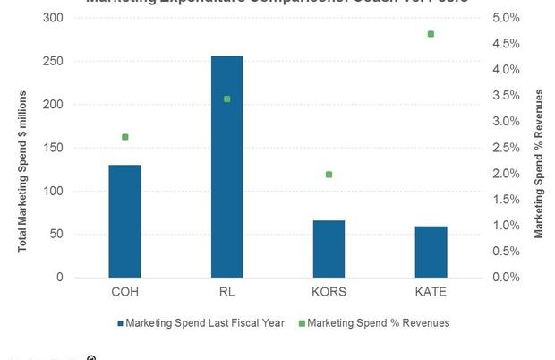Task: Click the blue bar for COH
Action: tap(124, 221)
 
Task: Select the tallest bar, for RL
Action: tap(226, 167)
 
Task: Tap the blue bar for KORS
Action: tap(329, 249)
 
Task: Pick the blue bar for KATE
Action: tap(431, 252)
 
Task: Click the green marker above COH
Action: tap(124, 137)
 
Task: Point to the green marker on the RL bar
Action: tap(226, 99)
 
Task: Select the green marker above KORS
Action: tap(329, 175)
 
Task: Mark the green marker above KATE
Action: tap(431, 34)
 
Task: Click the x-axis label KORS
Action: tap(329, 292)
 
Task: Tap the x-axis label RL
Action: tap(226, 292)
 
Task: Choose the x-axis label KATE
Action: tap(431, 292)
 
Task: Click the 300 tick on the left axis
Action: tap(55, 18)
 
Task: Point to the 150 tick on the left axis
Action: tap(55, 148)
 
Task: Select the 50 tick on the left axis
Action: tap(58, 235)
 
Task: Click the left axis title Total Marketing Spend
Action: tap(22, 170)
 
